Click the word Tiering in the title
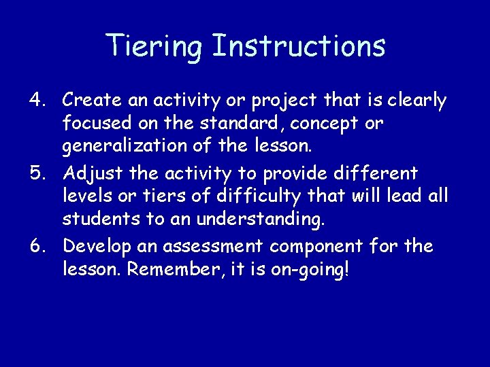pos(154,47)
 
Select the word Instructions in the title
pos(299,46)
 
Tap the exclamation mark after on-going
pos(347,270)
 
